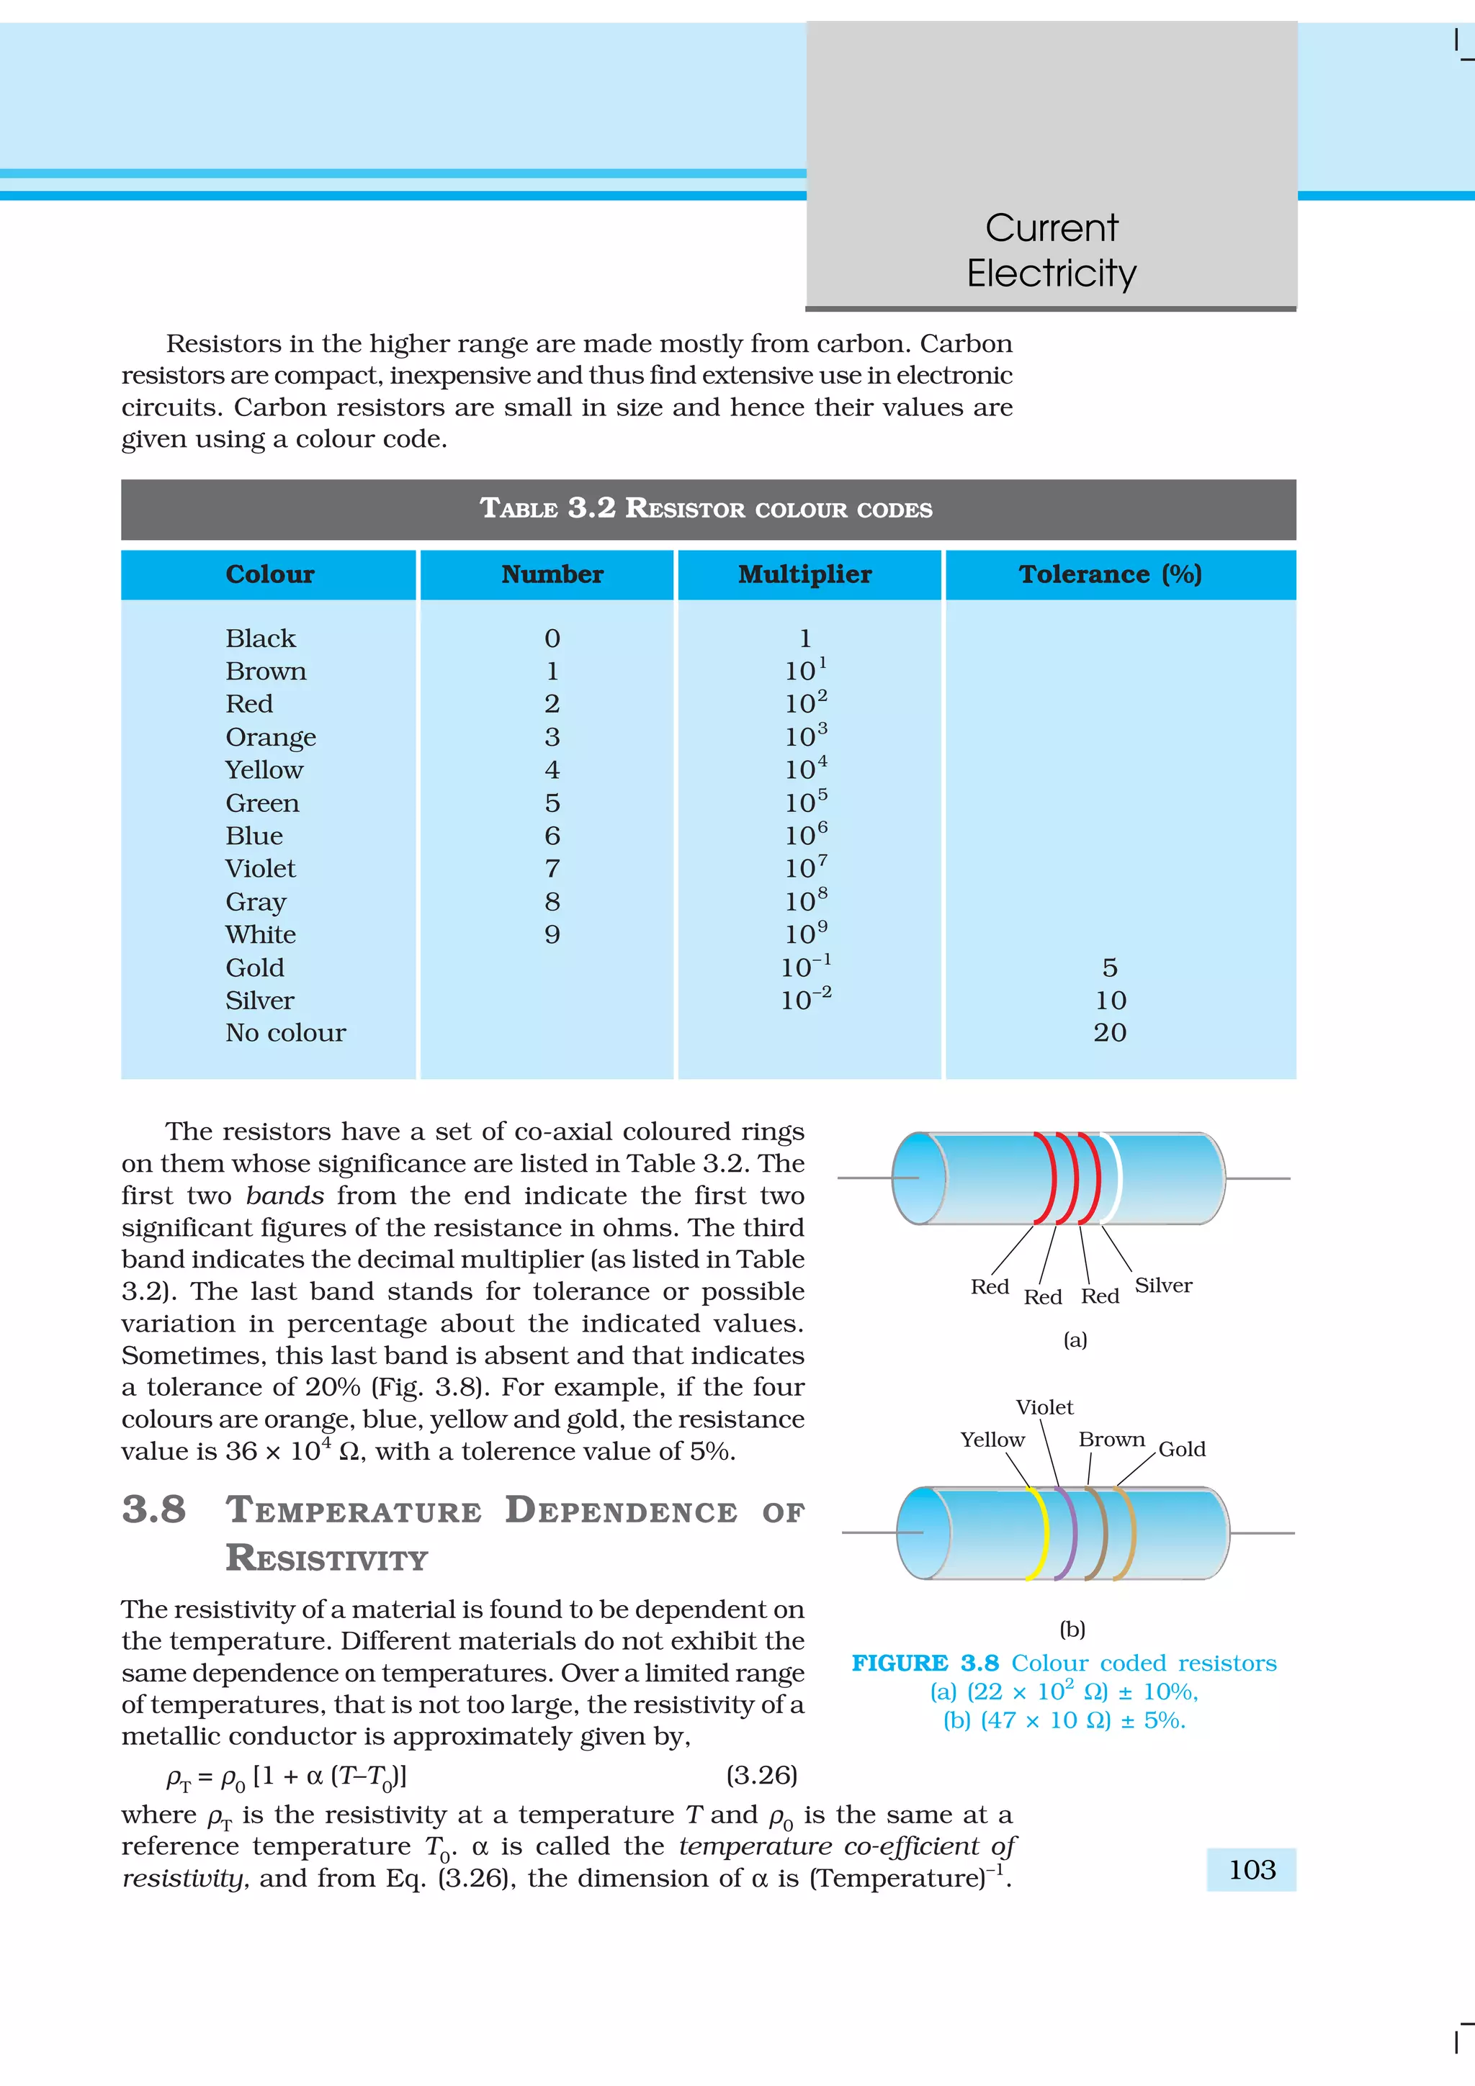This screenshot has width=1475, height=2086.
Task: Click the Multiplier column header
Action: click(804, 574)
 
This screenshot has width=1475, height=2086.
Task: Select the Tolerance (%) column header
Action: click(1110, 574)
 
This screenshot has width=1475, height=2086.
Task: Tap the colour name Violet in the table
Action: click(260, 869)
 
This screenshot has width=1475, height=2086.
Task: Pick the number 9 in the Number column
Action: click(552, 934)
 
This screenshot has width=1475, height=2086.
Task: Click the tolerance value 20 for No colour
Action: click(1110, 1032)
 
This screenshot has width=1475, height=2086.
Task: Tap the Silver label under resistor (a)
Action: click(1162, 1285)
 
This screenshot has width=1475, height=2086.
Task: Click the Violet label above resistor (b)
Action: click(1044, 1407)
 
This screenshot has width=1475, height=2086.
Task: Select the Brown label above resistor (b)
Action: click(1111, 1439)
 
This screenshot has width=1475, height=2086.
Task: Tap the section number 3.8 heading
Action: click(153, 1510)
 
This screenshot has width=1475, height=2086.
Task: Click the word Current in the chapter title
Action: click(1051, 227)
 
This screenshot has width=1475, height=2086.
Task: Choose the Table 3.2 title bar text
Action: click(706, 508)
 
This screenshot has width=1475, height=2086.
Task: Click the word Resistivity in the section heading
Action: click(326, 1558)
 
